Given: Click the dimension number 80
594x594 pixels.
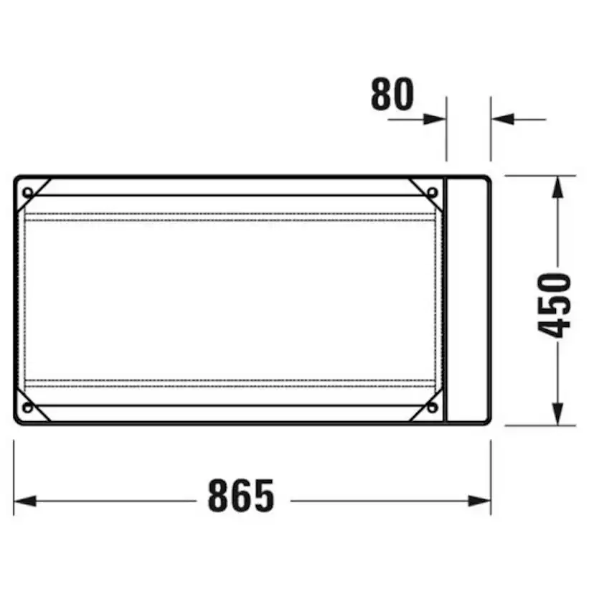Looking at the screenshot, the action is pyautogui.click(x=392, y=94).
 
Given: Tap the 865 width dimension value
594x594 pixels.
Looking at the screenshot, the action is pyautogui.click(x=241, y=496).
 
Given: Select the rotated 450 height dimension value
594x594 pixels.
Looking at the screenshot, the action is pyautogui.click(x=554, y=306).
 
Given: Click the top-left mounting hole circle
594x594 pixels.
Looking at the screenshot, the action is pyautogui.click(x=28, y=192).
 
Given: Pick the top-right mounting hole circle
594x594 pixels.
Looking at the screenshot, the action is pyautogui.click(x=433, y=192).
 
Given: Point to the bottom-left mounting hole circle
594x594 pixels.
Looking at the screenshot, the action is pyautogui.click(x=28, y=407).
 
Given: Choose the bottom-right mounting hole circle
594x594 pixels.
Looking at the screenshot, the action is pyautogui.click(x=433, y=407).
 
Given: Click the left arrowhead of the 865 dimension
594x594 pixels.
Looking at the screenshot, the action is pyautogui.click(x=25, y=501).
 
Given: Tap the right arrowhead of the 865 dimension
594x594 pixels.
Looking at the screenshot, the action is pyautogui.click(x=480, y=501).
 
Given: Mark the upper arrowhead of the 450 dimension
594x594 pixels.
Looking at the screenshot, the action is pyautogui.click(x=557, y=187).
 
